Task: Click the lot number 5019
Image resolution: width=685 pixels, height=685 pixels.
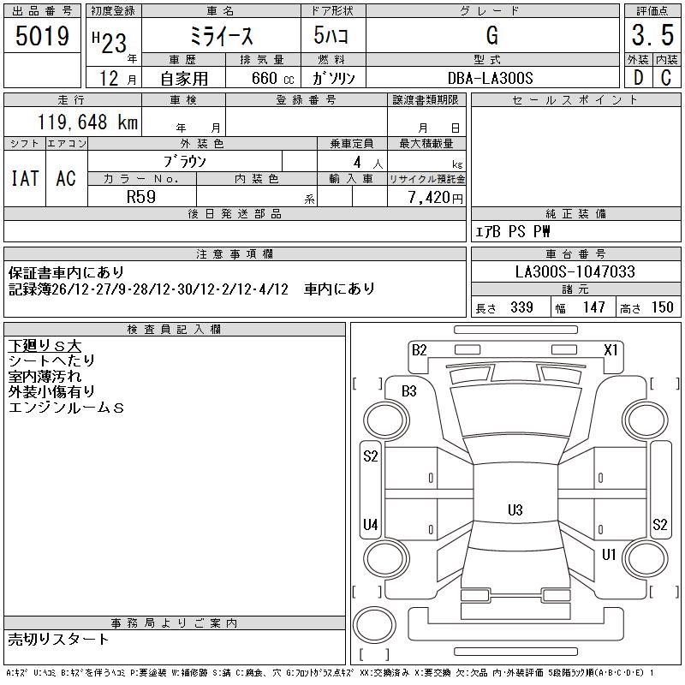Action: [x=43, y=36]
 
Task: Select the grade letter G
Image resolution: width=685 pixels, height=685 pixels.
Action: [x=491, y=36]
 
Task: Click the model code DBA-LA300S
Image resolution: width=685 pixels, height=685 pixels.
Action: [x=491, y=78]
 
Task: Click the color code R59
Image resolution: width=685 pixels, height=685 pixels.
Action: [x=141, y=196]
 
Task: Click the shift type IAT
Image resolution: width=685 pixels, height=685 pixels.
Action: [x=25, y=178]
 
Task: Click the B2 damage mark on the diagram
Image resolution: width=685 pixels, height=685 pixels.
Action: [x=419, y=349]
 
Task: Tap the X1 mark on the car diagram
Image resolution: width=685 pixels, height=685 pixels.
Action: [x=611, y=349]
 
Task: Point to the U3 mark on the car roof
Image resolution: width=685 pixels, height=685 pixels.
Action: [x=515, y=510]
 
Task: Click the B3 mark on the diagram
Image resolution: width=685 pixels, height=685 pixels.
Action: [x=408, y=391]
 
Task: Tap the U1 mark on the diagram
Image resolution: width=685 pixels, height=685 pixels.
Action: [x=609, y=555]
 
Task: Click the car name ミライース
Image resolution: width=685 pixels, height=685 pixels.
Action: [x=220, y=36]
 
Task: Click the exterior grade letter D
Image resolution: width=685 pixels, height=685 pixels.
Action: [x=637, y=78]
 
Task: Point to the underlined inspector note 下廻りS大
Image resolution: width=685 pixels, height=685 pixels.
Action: [x=45, y=346]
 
